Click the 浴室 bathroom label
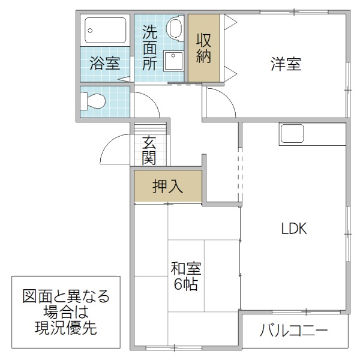[x=104, y=63]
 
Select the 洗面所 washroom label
[x=149, y=48]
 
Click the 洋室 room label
[x=285, y=64]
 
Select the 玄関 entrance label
[x=149, y=151]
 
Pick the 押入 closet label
[x=167, y=187]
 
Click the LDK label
[x=295, y=228]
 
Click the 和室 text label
[x=185, y=268]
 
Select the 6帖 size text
[x=186, y=284]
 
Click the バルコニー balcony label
[x=294, y=331]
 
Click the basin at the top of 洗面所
[x=175, y=28]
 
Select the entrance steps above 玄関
[x=149, y=128]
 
